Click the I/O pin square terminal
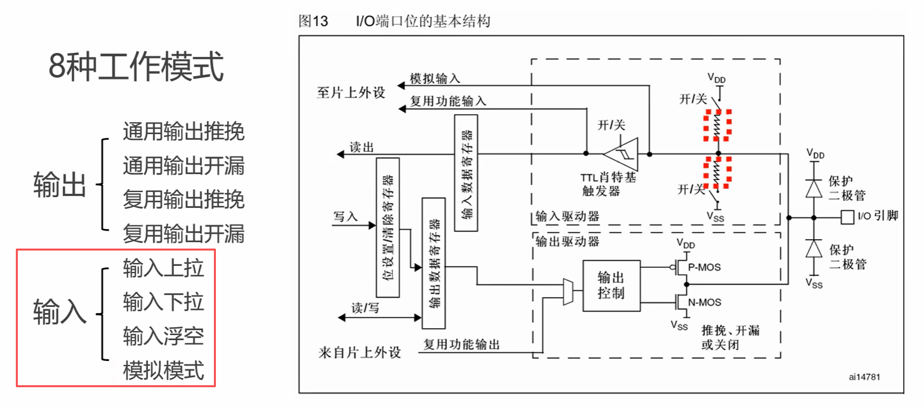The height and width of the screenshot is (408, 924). [x=847, y=217]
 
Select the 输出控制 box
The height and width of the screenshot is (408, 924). [x=611, y=286]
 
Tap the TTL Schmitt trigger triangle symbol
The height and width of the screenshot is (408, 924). [x=623, y=154]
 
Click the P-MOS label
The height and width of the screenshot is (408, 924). [x=704, y=267]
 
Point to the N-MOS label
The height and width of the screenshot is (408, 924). [x=704, y=302]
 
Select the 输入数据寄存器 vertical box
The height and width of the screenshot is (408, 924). [x=466, y=173]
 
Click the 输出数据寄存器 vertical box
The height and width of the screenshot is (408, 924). [x=433, y=263]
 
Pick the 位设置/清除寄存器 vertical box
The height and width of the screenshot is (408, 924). [x=388, y=227]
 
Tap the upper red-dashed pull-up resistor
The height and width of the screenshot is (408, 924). [x=718, y=125]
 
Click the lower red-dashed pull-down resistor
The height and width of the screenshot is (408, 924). [x=718, y=172]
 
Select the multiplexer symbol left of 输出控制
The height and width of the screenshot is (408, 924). [x=568, y=292]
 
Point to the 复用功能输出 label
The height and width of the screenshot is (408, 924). [x=461, y=345]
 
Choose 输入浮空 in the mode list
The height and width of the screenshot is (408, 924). [x=163, y=336]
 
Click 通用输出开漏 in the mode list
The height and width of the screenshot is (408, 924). [x=183, y=165]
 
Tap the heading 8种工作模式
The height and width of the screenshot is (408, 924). [x=136, y=66]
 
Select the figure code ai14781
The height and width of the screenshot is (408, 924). [x=864, y=377]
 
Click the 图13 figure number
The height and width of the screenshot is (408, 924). [x=313, y=21]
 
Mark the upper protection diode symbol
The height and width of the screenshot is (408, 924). [x=814, y=188]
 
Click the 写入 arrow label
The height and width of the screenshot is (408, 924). [x=345, y=217]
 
